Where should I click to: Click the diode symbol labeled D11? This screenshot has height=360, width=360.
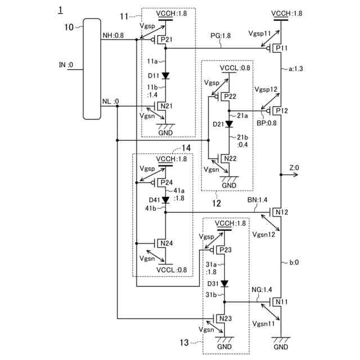pyautogui.click(x=165, y=75)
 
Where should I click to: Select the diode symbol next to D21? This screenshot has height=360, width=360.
pyautogui.click(x=229, y=124)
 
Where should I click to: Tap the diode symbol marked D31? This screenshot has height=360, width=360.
pyautogui.click(x=224, y=283)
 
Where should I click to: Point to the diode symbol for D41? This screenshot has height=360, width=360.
pyautogui.click(x=165, y=200)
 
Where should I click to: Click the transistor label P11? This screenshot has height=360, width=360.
pyautogui.click(x=281, y=48)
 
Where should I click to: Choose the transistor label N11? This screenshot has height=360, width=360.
pyautogui.click(x=281, y=301)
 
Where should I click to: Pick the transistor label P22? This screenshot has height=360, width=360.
pyautogui.click(x=230, y=96)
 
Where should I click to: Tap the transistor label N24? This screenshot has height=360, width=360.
pyautogui.click(x=166, y=243)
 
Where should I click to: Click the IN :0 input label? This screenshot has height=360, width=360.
pyautogui.click(x=66, y=65)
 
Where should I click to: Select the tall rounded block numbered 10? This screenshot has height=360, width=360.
pyautogui.click(x=92, y=69)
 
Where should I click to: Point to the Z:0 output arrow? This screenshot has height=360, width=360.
pyautogui.click(x=289, y=175)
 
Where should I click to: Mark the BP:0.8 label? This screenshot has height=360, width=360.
pyautogui.click(x=266, y=123)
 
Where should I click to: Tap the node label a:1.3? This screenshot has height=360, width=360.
pyautogui.click(x=296, y=69)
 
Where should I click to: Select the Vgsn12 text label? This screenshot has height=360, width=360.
pyautogui.click(x=264, y=235)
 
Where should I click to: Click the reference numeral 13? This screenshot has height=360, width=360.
pyautogui.click(x=184, y=343)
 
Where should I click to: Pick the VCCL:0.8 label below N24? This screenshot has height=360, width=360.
pyautogui.click(x=172, y=270)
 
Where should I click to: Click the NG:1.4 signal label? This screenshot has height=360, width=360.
pyautogui.click(x=262, y=290)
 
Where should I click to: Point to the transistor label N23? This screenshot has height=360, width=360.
pyautogui.click(x=226, y=318)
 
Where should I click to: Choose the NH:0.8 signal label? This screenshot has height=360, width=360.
pyautogui.click(x=113, y=35)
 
